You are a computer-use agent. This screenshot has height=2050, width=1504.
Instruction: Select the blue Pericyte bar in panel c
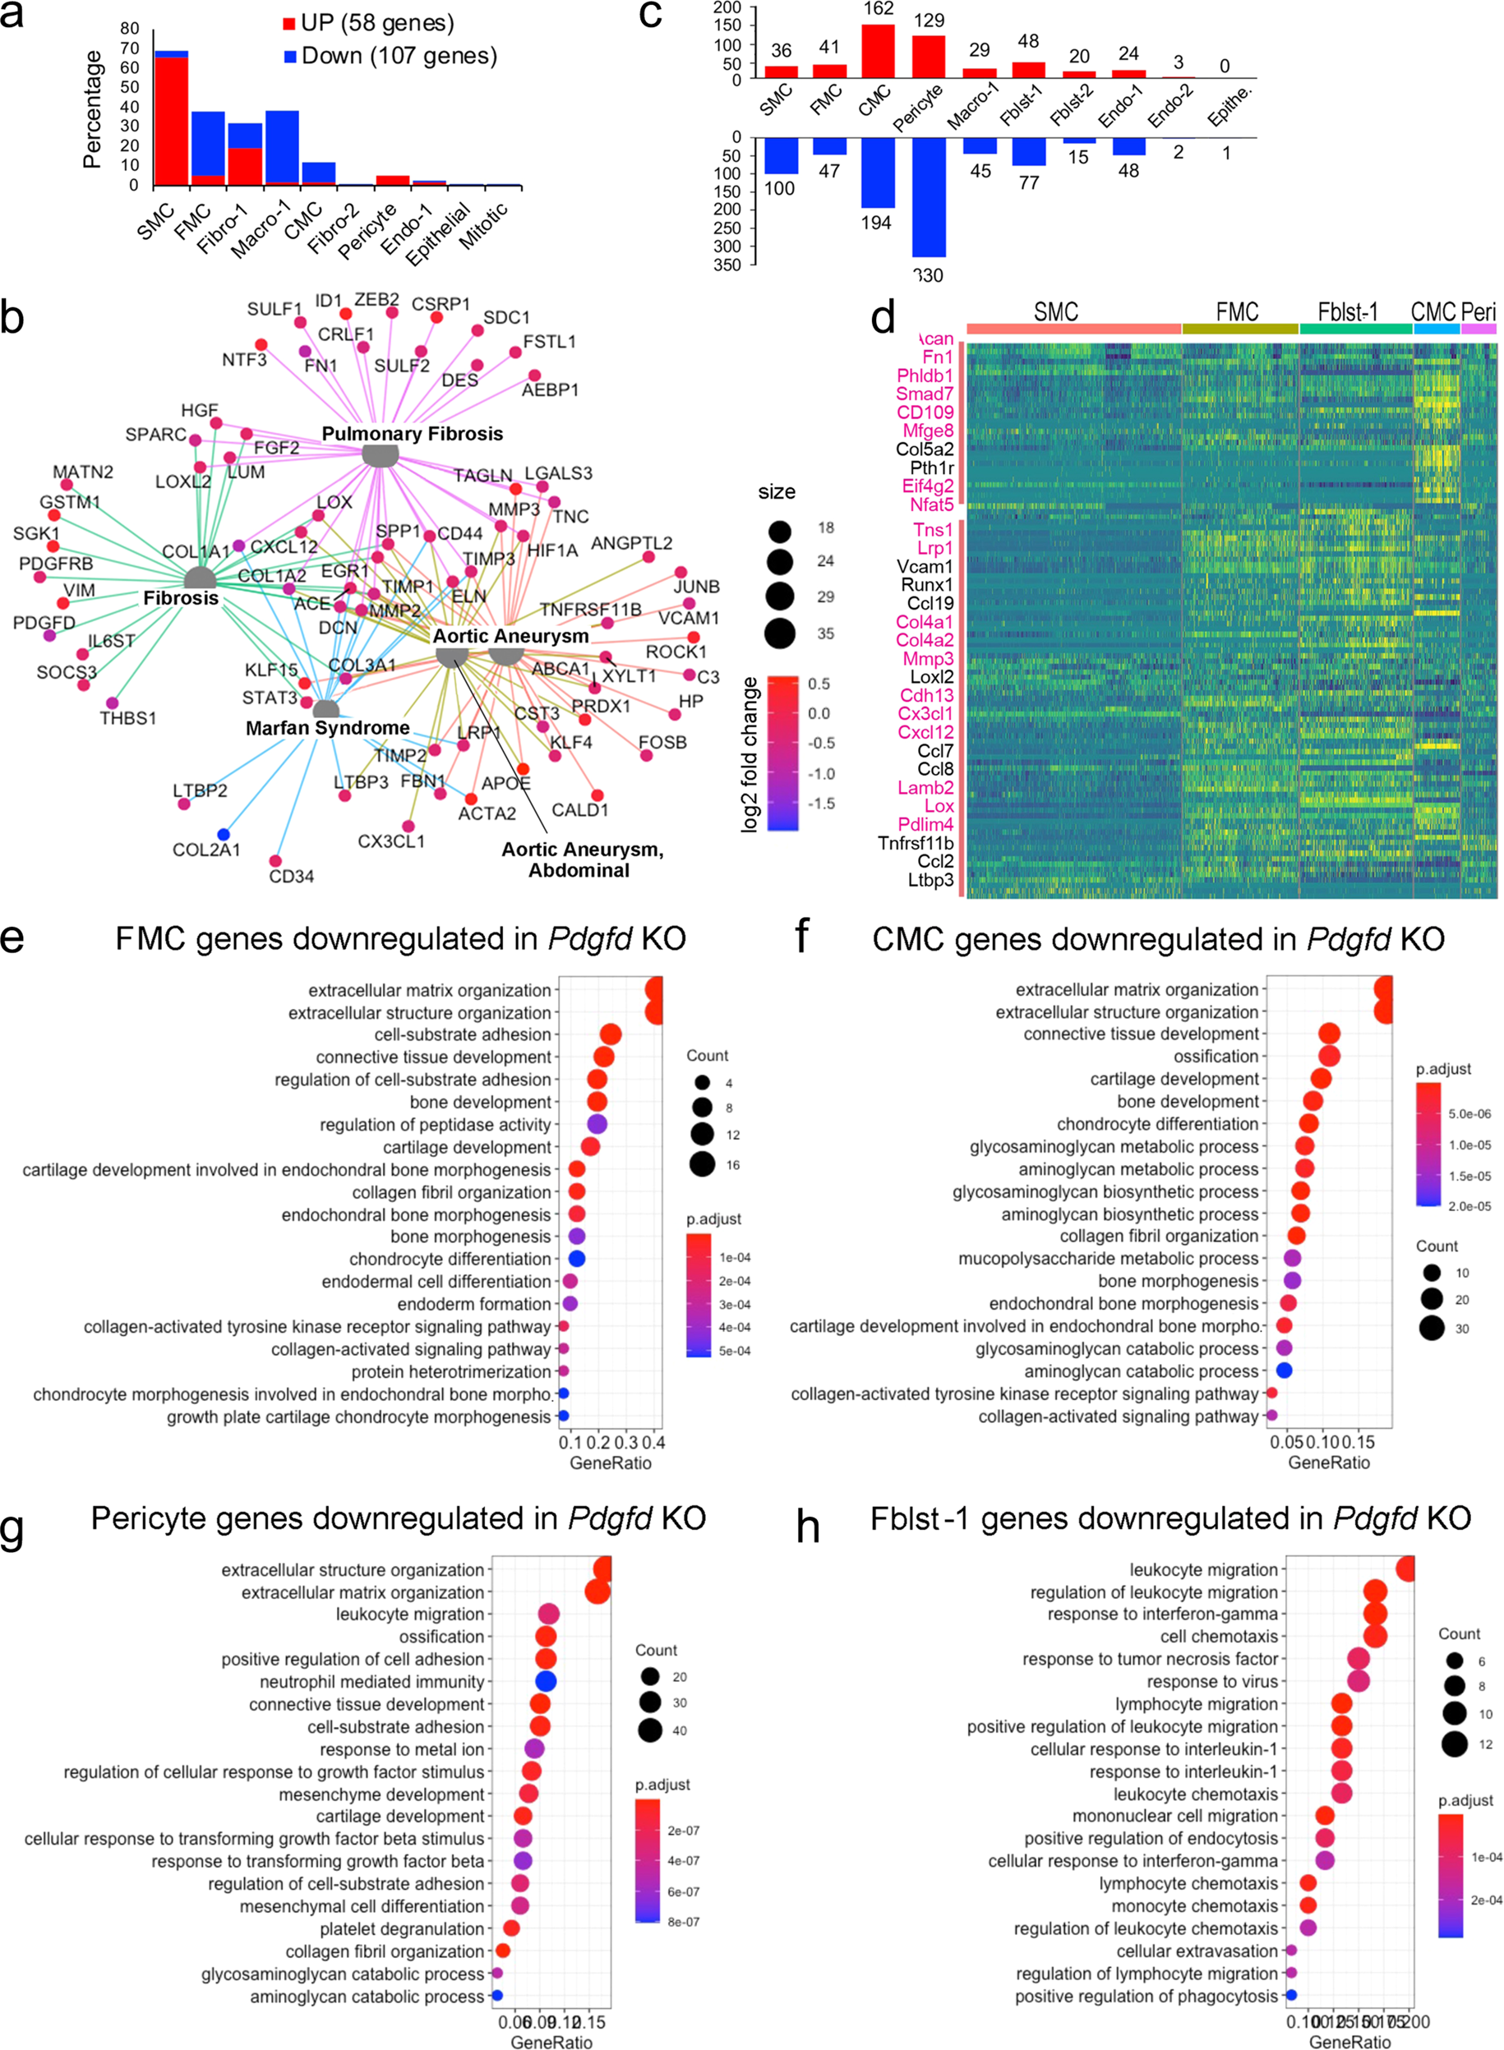928,196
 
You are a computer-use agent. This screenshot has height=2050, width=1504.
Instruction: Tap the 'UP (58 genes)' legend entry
369,23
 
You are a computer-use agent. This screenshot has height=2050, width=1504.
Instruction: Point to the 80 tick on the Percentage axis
129,28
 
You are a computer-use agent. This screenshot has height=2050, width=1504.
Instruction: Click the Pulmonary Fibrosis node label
412,434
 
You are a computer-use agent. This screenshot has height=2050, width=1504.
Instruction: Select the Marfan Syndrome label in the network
328,728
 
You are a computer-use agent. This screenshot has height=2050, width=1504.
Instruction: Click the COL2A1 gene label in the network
206,850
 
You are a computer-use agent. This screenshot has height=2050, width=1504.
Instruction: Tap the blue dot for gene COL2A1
223,834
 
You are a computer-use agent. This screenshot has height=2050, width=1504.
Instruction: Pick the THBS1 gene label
128,718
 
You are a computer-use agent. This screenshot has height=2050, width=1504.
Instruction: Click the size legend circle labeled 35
779,633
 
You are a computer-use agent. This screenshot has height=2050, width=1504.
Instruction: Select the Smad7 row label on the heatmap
924,394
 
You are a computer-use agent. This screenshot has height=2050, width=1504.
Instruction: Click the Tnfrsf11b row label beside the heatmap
915,843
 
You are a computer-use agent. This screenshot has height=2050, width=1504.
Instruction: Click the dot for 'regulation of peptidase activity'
597,1124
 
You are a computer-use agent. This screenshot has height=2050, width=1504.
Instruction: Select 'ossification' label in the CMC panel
1216,1056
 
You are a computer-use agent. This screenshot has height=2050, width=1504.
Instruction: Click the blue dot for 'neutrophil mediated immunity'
546,1682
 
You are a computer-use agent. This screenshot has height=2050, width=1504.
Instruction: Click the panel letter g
13,1528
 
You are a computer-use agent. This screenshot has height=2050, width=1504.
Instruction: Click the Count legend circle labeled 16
702,1164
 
